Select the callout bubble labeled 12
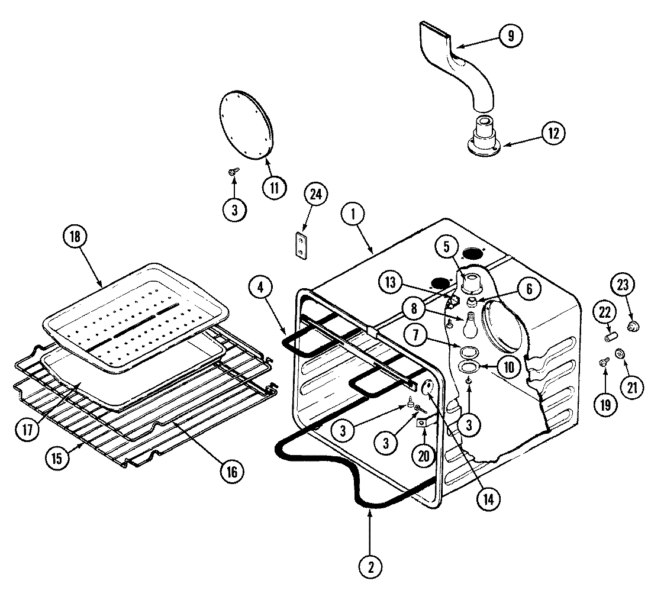(x=553, y=133)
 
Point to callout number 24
(x=315, y=196)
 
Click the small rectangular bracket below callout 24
(x=302, y=245)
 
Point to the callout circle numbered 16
(x=231, y=471)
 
